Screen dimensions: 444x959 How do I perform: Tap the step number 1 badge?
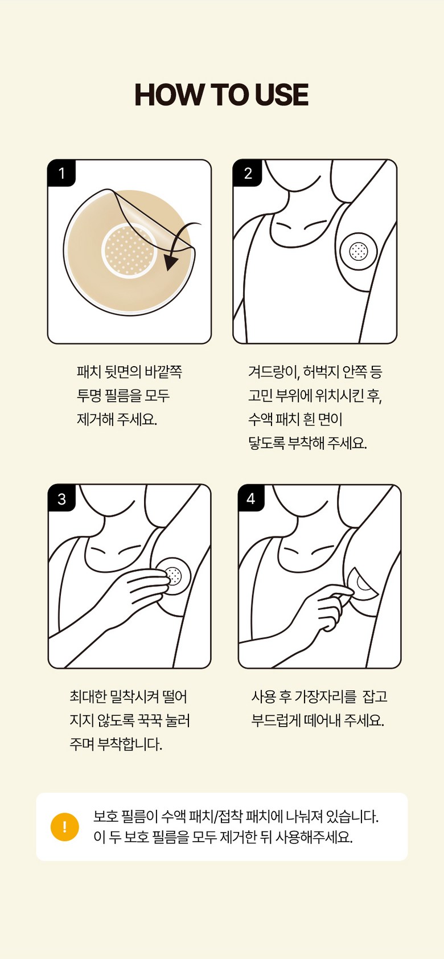tap(61, 173)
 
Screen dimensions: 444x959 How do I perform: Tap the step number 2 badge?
tap(247, 173)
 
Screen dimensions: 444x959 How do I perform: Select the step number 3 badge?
tap(61, 499)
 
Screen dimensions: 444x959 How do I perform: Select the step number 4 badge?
tap(251, 498)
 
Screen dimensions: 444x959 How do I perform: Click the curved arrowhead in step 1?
tap(171, 262)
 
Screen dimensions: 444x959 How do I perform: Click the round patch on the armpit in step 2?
tap(358, 251)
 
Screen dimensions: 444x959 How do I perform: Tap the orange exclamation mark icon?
tap(64, 827)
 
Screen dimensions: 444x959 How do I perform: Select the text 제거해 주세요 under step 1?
tap(117, 419)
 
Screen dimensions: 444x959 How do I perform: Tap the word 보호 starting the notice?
tap(105, 817)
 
